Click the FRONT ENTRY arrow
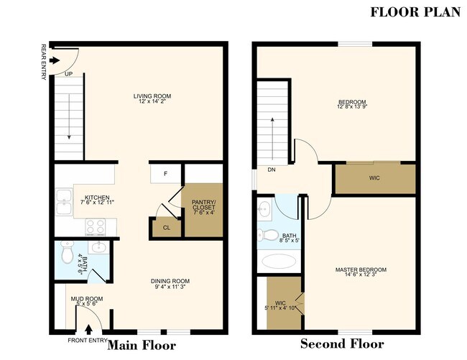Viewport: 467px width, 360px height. point(89,330)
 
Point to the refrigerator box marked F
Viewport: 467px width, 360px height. point(165,174)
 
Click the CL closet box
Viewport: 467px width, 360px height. point(165,226)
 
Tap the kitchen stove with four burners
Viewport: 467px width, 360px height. point(96,226)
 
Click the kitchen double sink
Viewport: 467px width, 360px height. point(62,203)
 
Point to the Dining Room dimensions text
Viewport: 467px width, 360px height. point(170,287)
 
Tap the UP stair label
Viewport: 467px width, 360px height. point(68,73)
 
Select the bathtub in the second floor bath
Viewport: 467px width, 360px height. point(280,260)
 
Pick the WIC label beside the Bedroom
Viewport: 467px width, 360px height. point(374,177)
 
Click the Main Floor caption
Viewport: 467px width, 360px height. point(141,345)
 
